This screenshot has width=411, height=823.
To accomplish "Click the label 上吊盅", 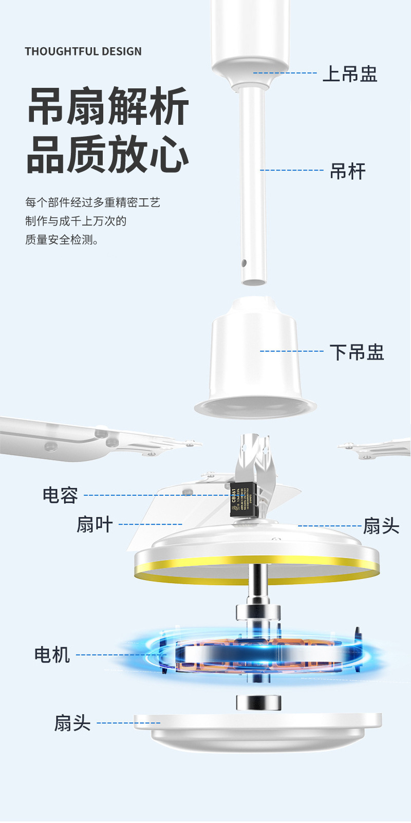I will pos(350,74).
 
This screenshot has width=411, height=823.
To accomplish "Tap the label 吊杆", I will pos(348,171).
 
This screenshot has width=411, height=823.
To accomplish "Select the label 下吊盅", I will pos(357,352).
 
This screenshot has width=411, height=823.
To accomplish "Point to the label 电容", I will pos(60,495).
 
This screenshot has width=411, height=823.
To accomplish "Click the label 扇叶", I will pos(95,525).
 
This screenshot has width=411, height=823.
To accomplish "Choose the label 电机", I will pos(52,655).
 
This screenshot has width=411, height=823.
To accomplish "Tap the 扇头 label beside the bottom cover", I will pos(72,723).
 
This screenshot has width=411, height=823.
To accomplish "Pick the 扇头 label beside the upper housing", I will pos(381,526).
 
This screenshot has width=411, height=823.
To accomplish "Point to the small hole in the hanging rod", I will pos(244,263).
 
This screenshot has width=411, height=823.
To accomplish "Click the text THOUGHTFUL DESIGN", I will pos(83,51).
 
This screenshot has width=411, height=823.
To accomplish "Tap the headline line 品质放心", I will pos(108,154).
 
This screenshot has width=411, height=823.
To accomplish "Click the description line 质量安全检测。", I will pos(62,240).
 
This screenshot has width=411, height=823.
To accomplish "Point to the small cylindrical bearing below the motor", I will pos(258,702).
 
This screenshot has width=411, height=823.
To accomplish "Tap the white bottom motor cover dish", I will pos(257,732).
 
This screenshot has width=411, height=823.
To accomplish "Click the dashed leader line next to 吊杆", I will pos(291,170).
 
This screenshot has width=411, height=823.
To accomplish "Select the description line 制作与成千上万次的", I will pos(76,221).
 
